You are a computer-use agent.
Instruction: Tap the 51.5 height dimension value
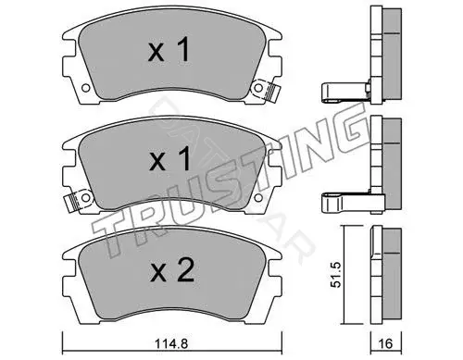click(x=335, y=275)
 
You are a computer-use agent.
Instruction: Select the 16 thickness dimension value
click(x=385, y=342)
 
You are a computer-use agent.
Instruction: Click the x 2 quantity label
click(x=171, y=270)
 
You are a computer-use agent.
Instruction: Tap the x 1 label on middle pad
click(x=169, y=159)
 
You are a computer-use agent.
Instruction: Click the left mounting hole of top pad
click(x=86, y=88)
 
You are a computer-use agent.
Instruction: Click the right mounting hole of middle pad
click(x=258, y=197)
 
